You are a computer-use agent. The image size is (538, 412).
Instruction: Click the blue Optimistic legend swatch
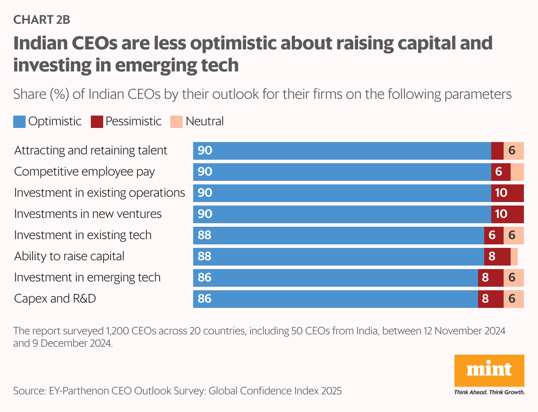[x=19, y=121]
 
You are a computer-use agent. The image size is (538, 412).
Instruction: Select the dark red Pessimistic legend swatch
[x=97, y=121]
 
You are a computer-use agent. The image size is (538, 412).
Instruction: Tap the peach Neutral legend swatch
[x=176, y=121]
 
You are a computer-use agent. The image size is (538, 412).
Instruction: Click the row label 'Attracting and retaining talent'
[x=91, y=150]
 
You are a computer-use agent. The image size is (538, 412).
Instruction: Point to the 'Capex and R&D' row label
[x=55, y=299]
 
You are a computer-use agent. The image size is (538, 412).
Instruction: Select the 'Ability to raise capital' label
[x=69, y=256]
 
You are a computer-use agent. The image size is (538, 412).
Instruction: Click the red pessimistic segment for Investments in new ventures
[x=507, y=214]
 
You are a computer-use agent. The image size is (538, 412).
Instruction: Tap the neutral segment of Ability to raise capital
[x=514, y=256]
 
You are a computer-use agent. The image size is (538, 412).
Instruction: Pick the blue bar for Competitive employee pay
[x=342, y=172]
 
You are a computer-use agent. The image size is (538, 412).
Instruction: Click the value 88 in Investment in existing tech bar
[x=205, y=235]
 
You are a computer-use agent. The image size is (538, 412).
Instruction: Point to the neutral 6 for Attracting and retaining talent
[x=512, y=150]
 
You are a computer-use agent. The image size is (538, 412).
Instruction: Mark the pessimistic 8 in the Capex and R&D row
[x=485, y=299]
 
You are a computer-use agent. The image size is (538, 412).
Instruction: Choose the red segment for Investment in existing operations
[x=507, y=193]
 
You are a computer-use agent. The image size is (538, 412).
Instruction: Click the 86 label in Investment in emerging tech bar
[x=205, y=277]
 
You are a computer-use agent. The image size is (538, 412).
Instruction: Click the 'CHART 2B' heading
[x=42, y=20]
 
